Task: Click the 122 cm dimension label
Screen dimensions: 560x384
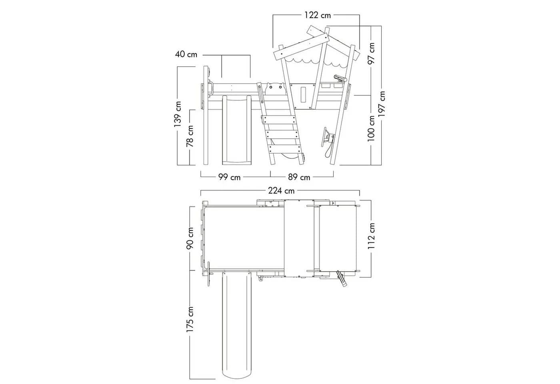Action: [318, 15]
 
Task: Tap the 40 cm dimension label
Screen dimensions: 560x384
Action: [186, 54]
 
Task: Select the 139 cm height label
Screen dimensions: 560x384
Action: [178, 114]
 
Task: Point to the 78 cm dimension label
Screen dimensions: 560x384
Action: [190, 136]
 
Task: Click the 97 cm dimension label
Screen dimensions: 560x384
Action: [371, 53]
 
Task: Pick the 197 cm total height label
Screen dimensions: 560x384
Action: [382, 104]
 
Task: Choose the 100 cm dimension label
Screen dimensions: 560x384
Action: [371, 128]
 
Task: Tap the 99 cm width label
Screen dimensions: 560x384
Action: [230, 177]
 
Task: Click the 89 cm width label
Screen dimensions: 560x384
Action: [299, 177]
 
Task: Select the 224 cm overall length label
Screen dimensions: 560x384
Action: [281, 191]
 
